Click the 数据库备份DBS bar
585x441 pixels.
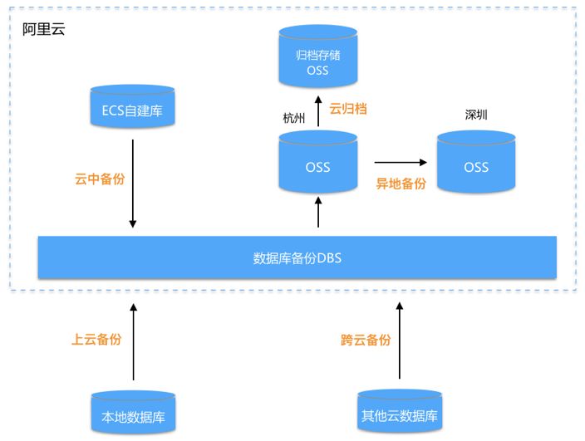point(297,258)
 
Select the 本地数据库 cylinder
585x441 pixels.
point(133,413)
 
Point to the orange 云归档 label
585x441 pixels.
point(348,108)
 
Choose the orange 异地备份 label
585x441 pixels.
point(401,184)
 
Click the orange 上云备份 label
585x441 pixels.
point(96,339)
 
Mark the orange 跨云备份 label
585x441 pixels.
point(366,339)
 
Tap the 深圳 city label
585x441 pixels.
point(476,114)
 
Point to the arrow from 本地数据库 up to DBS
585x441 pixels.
point(133,341)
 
